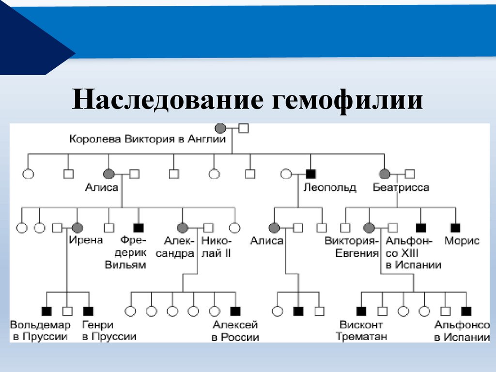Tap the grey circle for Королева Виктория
point(220,128)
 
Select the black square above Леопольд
point(310,173)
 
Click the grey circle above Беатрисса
point(385,173)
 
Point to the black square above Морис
point(455,227)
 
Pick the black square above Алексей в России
point(235,311)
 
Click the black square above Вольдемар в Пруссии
point(46,311)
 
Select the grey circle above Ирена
point(77,227)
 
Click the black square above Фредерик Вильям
point(139,227)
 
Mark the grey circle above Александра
point(183,227)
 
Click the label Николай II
point(217,247)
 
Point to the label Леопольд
point(329,187)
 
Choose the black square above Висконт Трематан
point(361,311)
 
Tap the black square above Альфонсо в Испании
point(466,311)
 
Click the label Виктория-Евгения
point(351,247)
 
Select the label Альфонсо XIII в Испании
point(413,253)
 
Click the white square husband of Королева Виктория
point(244,128)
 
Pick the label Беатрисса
point(401,187)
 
